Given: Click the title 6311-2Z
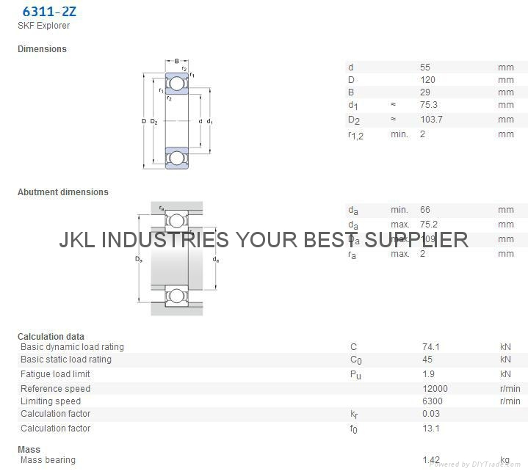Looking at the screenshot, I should tap(48, 11).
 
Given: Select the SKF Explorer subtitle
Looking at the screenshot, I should tap(44, 26).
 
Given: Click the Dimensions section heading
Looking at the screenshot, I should tap(42, 49).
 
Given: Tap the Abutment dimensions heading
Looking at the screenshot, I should tap(63, 192).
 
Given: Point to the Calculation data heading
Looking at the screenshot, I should tap(51, 337).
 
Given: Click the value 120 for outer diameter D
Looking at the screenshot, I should tap(427, 80).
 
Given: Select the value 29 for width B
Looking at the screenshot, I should tap(424, 92).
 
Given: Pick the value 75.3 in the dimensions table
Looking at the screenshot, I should tap(429, 105).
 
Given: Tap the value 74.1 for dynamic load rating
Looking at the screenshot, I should tap(430, 347).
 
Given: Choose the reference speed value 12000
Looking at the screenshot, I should tap(435, 389).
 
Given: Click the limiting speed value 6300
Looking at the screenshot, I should tap(432, 401).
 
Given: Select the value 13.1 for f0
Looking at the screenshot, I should tap(430, 429).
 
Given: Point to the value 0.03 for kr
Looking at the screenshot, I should tap(431, 414).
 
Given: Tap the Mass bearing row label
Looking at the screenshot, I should tap(48, 460).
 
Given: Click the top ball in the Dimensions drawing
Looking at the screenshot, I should tap(177, 84).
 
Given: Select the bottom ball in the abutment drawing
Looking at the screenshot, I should tap(176, 296).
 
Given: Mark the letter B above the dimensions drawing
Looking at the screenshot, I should tap(177, 61).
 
